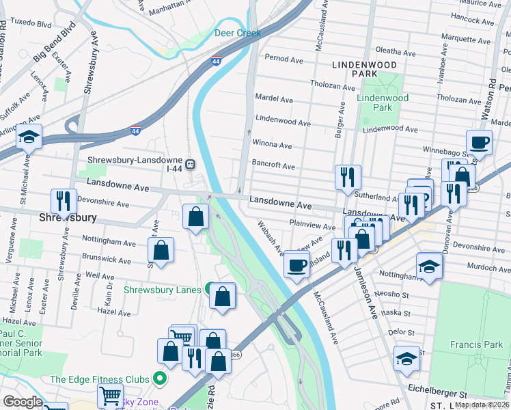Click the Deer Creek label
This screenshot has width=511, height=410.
[x=238, y=33]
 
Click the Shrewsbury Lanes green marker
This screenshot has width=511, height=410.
[x=210, y=289]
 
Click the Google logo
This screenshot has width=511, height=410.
[x=23, y=402]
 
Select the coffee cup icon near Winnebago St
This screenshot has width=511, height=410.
[x=480, y=144]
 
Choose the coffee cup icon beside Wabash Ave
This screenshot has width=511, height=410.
[x=296, y=265]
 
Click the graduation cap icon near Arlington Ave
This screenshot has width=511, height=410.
[x=29, y=139]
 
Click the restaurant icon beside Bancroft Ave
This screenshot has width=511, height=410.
[x=348, y=178]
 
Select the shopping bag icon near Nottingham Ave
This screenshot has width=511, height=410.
[x=161, y=251]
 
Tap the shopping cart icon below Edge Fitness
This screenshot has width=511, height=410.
[x=111, y=396]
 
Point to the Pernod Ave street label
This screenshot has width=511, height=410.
[x=284, y=58]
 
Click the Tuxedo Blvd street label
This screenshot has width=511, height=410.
[x=33, y=23]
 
